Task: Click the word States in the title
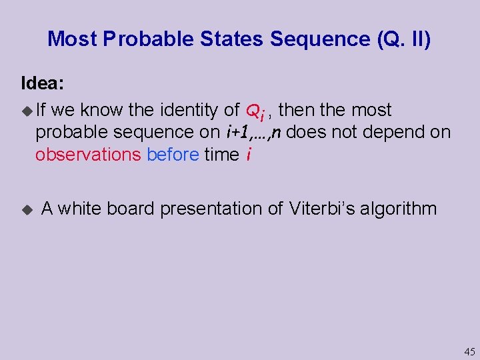click(232, 39)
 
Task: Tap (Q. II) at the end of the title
click(404, 39)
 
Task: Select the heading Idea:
click(43, 83)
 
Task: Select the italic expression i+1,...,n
click(253, 132)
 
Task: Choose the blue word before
click(173, 154)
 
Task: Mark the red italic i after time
click(248, 154)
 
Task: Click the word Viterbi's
click(322, 209)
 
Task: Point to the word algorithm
click(398, 209)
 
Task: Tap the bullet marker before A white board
click(27, 209)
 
